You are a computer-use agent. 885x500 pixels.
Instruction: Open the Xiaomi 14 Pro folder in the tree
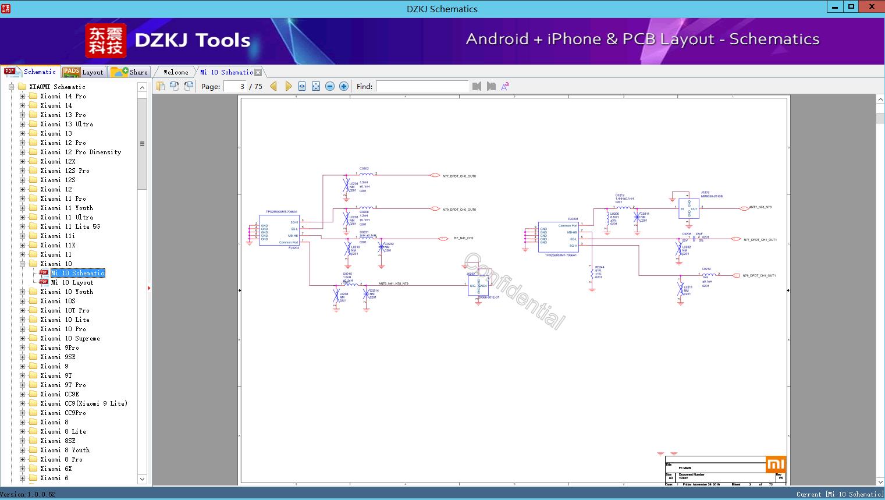tap(63, 96)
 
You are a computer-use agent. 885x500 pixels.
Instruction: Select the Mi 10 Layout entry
tap(72, 282)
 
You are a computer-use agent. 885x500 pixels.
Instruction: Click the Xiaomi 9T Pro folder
tap(63, 385)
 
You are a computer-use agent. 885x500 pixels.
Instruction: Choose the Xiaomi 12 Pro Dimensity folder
tap(80, 152)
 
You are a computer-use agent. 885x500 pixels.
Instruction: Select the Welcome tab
tap(176, 72)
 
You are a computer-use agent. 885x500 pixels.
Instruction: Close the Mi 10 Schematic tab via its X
tap(258, 72)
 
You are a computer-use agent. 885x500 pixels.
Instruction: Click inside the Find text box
tap(422, 86)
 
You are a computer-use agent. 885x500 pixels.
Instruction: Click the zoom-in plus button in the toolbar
tap(344, 86)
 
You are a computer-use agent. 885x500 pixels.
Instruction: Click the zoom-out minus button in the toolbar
tap(330, 86)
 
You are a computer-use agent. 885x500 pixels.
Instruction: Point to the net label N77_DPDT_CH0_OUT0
tap(459, 176)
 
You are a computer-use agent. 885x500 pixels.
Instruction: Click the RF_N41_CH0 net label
tap(463, 238)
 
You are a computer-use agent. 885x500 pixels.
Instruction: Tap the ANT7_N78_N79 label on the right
tap(760, 207)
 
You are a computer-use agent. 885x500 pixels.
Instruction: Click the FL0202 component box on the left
tap(279, 230)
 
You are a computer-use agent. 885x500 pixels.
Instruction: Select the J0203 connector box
tap(688, 208)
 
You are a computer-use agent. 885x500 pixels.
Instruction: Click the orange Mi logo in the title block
tap(776, 464)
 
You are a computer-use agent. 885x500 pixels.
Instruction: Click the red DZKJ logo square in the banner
tap(106, 41)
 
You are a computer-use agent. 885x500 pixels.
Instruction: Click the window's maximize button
tap(851, 7)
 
